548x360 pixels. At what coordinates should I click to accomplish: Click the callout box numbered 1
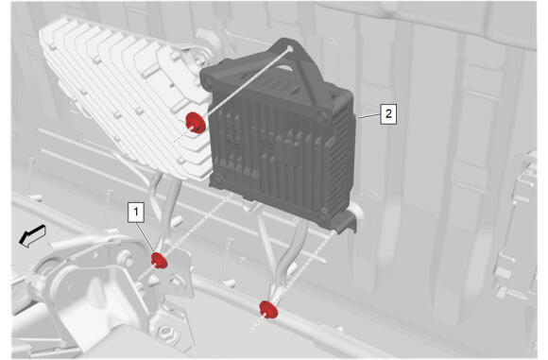coord(136,212)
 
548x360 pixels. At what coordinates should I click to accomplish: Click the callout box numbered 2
coord(388,113)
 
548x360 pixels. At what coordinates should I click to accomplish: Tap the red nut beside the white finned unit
coord(195,123)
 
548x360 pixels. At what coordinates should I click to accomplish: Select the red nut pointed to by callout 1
coord(159,261)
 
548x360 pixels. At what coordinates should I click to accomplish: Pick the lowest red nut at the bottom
coord(268,309)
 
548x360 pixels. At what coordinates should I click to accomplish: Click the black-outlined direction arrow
coord(32,236)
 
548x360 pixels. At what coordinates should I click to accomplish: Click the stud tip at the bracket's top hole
coord(290,48)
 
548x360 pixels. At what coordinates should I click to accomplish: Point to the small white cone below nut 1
coord(153,280)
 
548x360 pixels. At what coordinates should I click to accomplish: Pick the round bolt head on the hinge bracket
coord(127,261)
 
